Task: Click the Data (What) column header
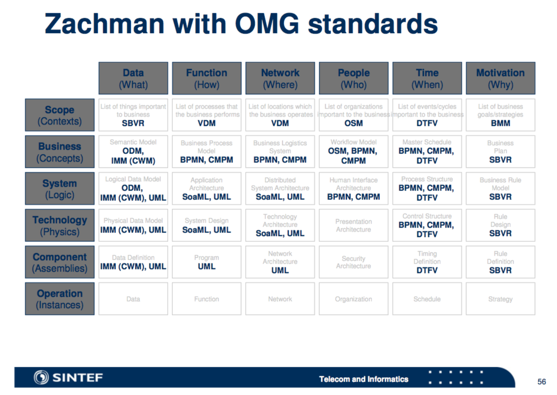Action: point(133,78)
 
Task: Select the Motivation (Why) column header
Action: point(500,78)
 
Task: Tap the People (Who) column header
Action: point(353,78)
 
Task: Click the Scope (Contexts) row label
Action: point(60,115)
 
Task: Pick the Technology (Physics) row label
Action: point(60,226)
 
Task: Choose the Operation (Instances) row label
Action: point(60,299)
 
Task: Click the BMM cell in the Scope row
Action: point(500,115)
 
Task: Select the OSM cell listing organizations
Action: point(353,115)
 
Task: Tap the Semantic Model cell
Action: point(133,152)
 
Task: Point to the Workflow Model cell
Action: point(353,152)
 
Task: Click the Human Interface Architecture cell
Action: point(353,189)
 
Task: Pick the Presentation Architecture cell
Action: point(353,226)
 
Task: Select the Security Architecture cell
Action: point(353,262)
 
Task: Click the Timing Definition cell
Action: point(427,262)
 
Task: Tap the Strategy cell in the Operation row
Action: point(500,299)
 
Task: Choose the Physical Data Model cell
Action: point(133,226)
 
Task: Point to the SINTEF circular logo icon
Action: point(41,377)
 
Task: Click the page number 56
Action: point(541,382)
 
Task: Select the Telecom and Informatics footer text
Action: point(364,379)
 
